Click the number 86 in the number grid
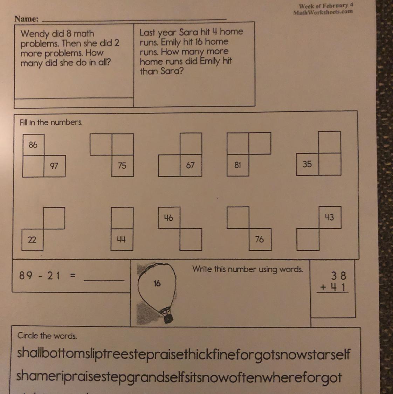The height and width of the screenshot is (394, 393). coord(33,145)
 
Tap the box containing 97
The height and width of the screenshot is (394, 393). coord(55,166)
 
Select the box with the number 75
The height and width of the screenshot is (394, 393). coord(123,166)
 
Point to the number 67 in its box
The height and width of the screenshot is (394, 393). coord(190,165)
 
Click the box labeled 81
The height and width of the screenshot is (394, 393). coord(238,165)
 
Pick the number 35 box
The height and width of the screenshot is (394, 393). coord(308,164)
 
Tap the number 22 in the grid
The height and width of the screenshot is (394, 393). coord(32,240)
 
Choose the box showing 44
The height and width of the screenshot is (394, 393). coord(122,240)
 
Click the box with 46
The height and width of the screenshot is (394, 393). coord(169,217)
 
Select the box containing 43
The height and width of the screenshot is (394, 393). coord(330,217)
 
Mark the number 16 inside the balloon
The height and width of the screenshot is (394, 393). coord(157,283)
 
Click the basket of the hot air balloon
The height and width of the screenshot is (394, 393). coord(168,318)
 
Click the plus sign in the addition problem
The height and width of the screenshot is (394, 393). coord(323,287)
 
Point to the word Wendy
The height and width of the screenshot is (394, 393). coord(35,34)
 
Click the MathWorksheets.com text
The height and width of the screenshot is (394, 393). coord(323,12)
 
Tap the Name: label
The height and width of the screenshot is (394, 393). coord(27,19)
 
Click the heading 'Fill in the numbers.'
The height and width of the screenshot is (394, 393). coord(51,122)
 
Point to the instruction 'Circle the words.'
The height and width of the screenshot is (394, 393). coord(47,336)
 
